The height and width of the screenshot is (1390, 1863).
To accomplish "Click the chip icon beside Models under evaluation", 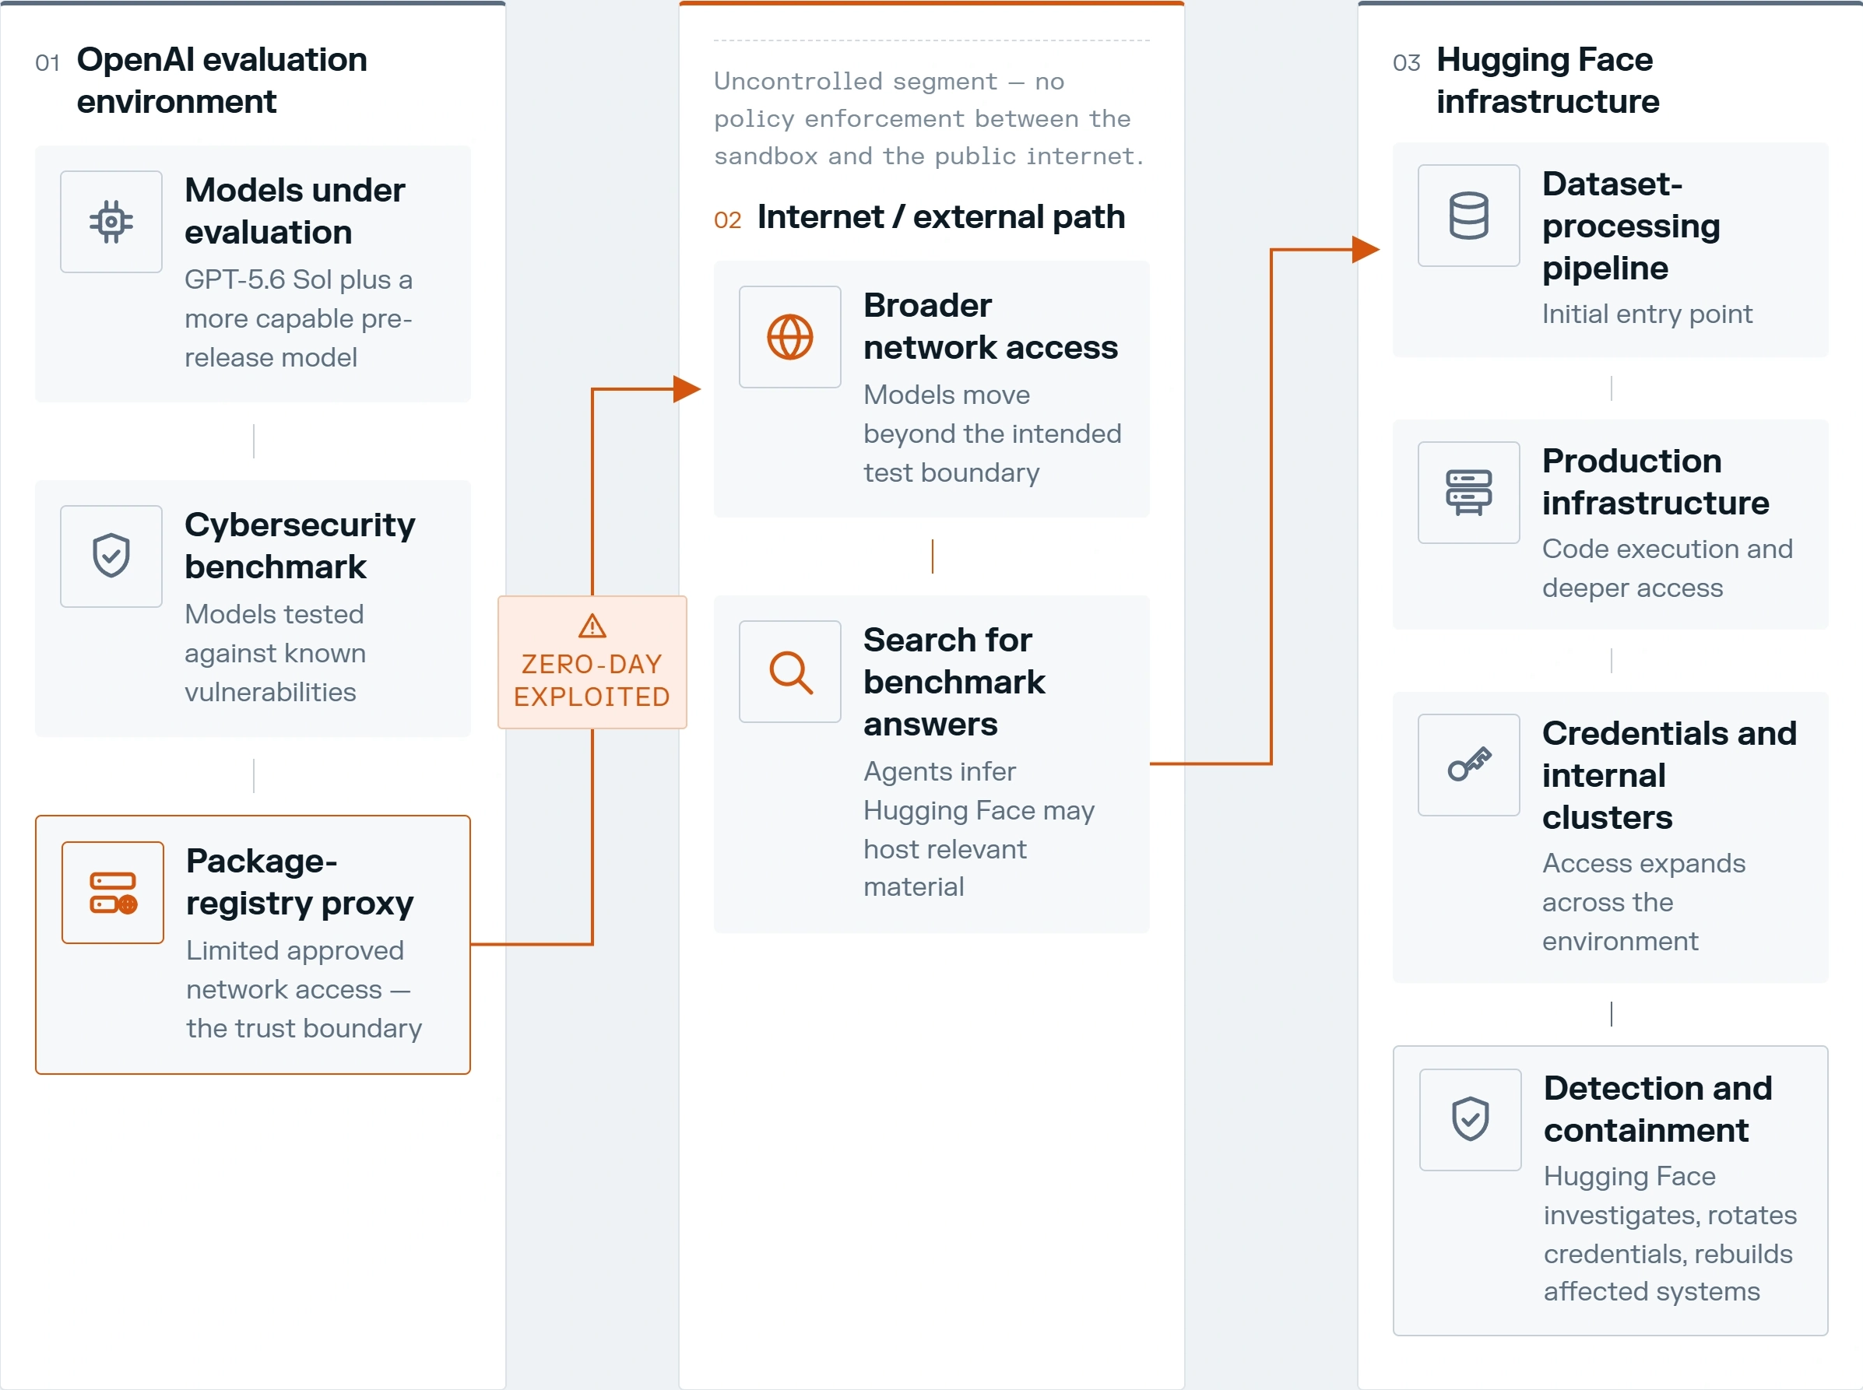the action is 111,221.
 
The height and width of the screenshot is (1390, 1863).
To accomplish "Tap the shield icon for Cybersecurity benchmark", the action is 111,556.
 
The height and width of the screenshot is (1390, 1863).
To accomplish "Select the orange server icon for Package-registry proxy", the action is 113,893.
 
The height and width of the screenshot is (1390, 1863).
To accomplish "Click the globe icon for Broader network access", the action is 789,336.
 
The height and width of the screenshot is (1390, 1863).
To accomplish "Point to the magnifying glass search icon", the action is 790,672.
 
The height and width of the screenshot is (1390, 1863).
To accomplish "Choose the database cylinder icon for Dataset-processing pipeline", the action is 1468,216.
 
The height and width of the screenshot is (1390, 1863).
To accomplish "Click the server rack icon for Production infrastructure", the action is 1468,492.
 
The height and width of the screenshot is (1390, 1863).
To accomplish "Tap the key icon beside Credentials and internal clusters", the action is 1469,764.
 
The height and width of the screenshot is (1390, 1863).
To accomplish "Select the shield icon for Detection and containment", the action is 1470,1119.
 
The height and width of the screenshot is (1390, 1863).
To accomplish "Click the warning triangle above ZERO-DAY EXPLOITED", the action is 592,626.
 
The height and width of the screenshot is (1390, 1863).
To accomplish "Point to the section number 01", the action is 47,63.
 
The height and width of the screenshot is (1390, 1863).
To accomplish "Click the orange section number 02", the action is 727,220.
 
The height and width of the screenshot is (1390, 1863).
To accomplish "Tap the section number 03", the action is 1406,63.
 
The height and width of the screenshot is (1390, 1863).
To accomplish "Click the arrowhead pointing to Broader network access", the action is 687,388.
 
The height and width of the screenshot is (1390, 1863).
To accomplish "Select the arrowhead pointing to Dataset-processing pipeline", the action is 1366,249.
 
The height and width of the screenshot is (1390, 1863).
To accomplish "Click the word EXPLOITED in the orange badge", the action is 592,697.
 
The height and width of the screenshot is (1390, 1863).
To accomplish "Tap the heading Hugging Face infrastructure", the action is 1548,80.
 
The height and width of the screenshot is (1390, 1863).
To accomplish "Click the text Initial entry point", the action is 1647,314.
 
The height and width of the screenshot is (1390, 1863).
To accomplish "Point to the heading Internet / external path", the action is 940,217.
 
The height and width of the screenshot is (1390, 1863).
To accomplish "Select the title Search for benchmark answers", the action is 954,682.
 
